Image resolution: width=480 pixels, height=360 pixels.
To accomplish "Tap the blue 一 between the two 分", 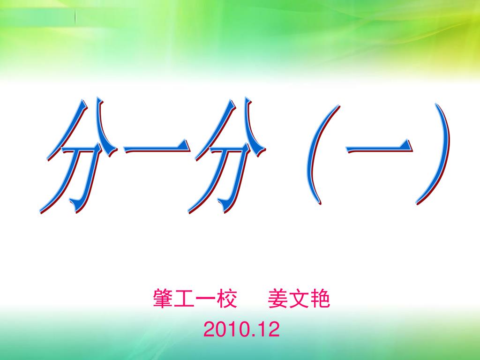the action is click(157, 148).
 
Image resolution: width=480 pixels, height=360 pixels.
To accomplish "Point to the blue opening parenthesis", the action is click(322, 155).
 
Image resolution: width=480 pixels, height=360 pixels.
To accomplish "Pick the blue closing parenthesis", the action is click(434, 155).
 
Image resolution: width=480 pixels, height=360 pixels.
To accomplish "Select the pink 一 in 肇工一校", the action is click(206, 299).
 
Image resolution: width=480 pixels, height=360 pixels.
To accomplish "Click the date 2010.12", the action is click(241, 330).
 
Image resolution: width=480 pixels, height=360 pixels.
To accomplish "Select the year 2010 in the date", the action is click(226, 330).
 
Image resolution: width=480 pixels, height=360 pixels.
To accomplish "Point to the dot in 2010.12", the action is click(253, 336).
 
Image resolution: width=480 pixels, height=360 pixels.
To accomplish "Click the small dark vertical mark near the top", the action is click(75, 17).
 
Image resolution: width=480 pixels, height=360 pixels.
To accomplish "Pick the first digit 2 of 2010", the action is click(209, 330).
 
